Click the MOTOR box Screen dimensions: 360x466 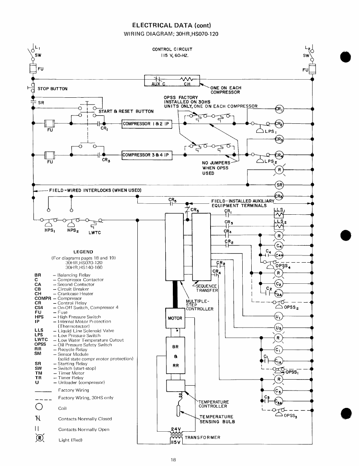coord(175,318)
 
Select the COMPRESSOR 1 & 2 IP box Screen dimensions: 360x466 coord(147,124)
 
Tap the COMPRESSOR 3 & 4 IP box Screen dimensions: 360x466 coord(147,155)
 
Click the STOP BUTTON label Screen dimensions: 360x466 coord(52,89)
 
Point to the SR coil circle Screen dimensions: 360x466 coord(279,185)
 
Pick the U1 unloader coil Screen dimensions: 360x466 coord(278,316)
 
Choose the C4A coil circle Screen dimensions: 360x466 coord(279,255)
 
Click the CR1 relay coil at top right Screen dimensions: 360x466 coord(279,109)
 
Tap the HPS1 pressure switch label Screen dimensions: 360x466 coord(49,230)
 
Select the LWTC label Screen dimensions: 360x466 coord(95,233)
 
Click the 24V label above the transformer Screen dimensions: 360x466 coord(176,429)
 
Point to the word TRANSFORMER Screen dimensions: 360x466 coord(202,437)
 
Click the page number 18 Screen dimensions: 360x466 coord(173,460)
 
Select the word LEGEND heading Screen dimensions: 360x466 coord(83,252)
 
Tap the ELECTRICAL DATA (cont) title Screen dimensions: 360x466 coord(172,25)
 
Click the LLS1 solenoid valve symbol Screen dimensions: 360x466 coord(278,214)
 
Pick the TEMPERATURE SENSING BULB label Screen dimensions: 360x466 coord(217,419)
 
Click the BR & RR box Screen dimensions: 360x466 coord(175,355)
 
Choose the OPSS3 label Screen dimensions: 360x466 coord(291,415)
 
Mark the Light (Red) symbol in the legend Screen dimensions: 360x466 coord(40,438)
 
